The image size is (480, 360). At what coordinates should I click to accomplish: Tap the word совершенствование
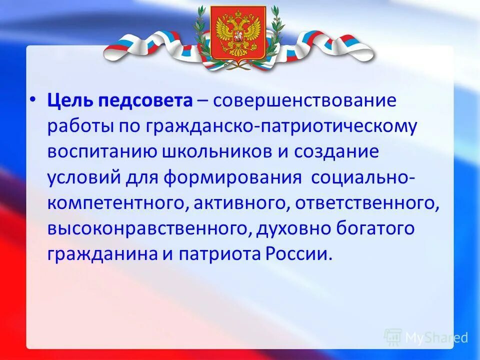[305, 101]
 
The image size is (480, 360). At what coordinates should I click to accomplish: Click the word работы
[80, 127]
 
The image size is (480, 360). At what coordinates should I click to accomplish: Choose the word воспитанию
[102, 152]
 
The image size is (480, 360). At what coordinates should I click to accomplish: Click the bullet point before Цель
[32, 100]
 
